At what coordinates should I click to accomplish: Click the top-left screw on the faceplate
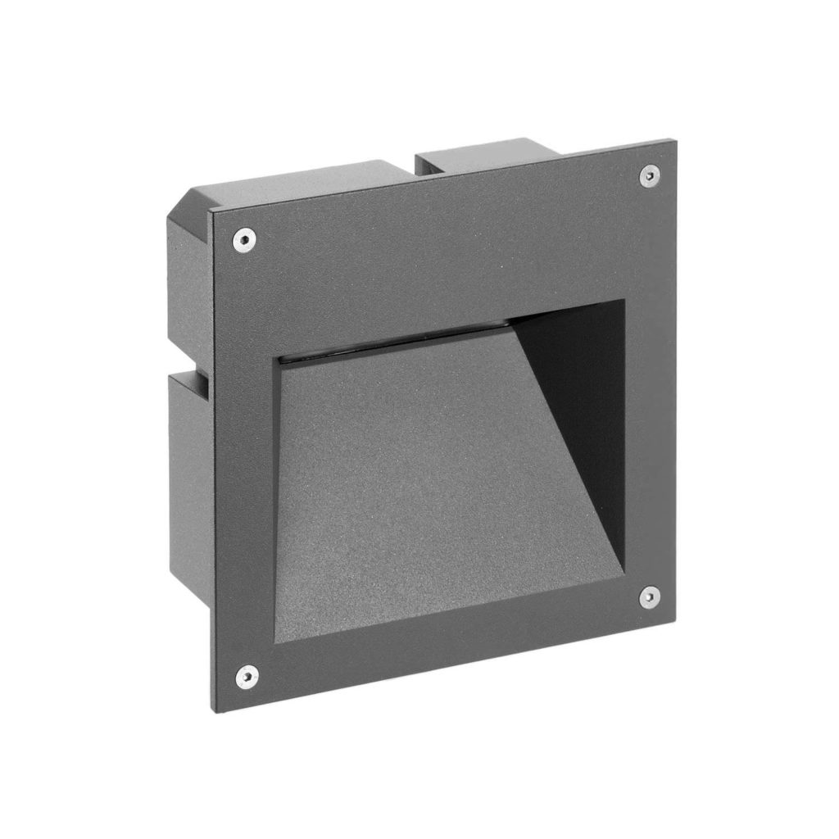(x=243, y=239)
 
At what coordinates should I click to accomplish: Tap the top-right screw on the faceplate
(x=649, y=175)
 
